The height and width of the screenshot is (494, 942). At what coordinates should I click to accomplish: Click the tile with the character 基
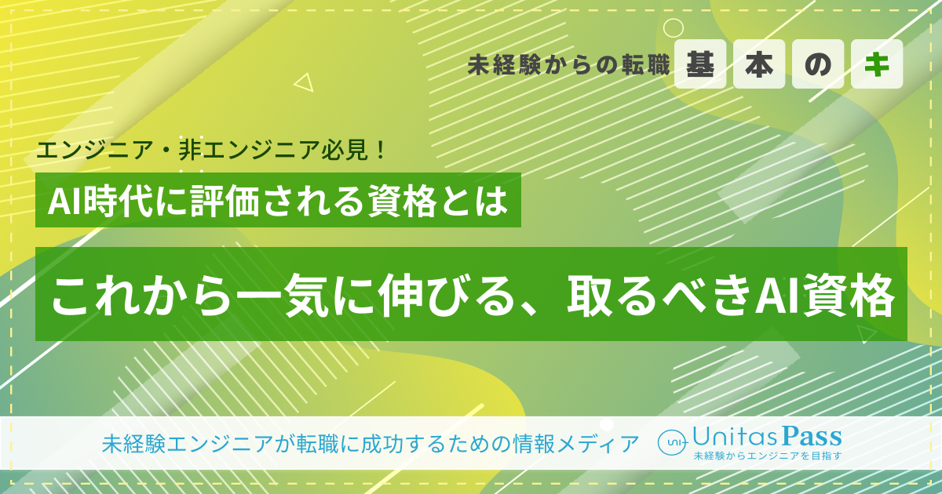coord(700,65)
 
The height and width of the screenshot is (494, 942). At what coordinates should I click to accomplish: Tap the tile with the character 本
coord(759,65)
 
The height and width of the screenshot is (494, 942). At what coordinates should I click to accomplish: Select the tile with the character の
coord(818,65)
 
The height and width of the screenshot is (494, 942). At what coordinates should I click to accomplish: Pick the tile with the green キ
coord(877,65)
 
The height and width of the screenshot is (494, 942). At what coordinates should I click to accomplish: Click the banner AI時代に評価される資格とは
coord(279,201)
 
